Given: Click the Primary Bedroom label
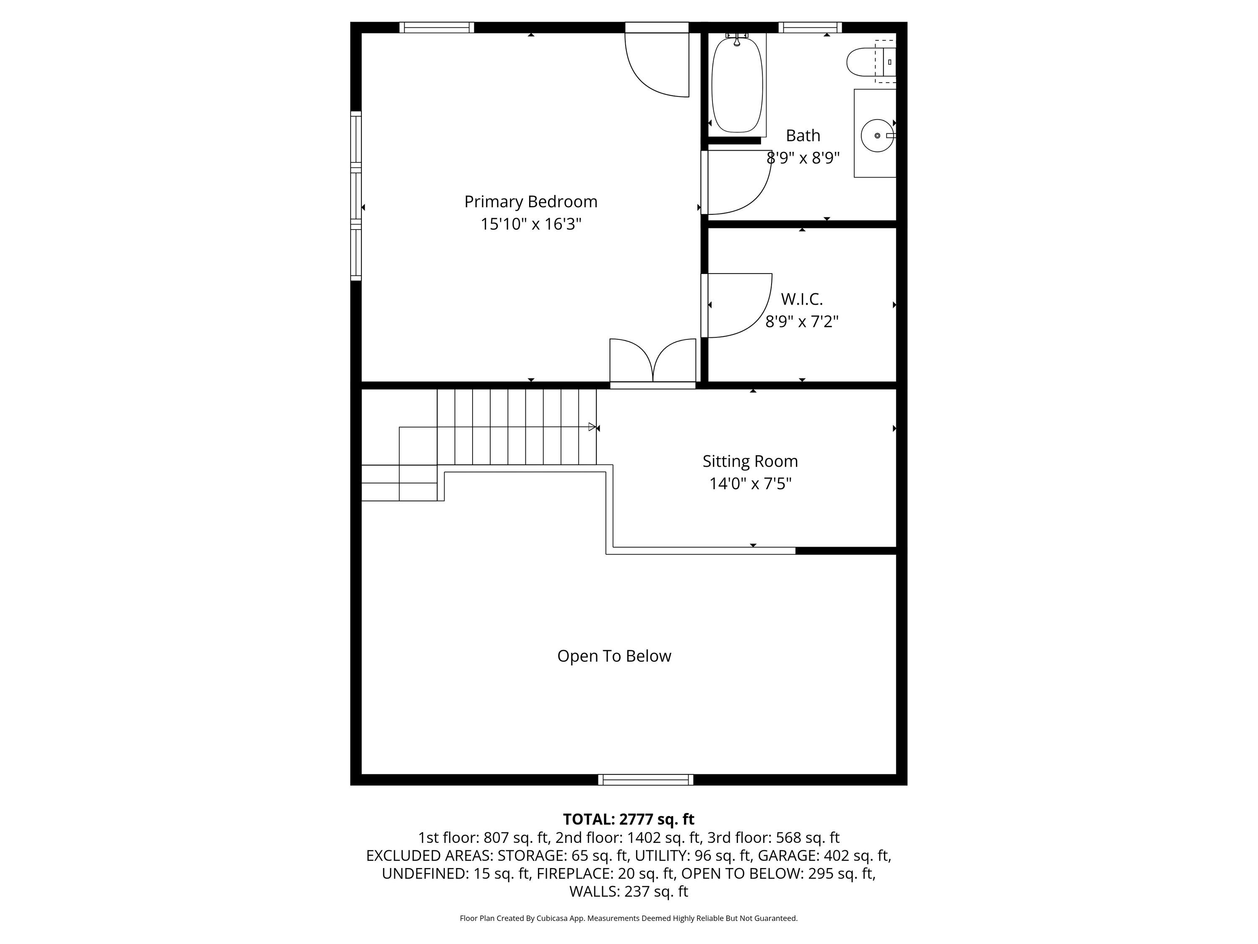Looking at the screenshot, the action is tap(530, 201).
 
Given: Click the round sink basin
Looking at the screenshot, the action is tap(877, 136).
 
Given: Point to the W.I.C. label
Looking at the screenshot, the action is tap(801, 299).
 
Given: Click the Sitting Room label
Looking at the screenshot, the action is tap(750, 461).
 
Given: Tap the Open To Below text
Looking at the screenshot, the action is tap(614, 656).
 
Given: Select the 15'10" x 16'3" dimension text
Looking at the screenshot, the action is tap(530, 224).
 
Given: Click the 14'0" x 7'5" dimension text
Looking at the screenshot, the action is tap(750, 484).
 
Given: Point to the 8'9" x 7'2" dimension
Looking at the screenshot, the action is tap(801, 321).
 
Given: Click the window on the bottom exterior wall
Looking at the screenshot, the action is tap(645, 780).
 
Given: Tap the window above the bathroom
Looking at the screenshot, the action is tap(810, 27).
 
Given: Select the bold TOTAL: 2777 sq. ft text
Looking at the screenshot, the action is tap(629, 819).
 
